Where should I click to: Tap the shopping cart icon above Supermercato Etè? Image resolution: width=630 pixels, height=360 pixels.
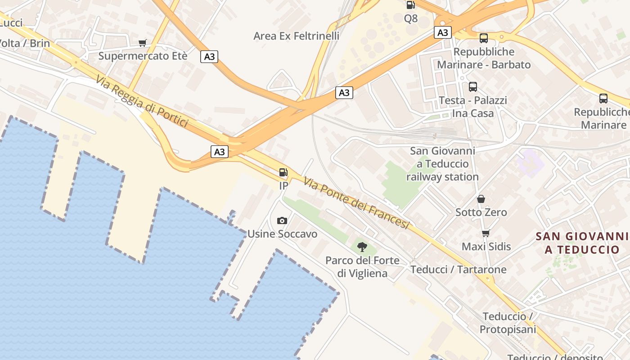(143, 43)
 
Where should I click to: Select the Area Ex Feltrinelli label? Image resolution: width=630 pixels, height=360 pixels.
(296, 36)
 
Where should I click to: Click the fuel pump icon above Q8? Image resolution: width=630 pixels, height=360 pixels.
(410, 5)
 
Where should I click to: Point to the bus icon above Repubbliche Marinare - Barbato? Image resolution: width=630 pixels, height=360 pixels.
(484, 38)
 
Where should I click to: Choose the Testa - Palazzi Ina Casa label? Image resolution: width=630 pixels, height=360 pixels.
(472, 107)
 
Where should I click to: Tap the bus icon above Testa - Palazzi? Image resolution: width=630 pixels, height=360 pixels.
(473, 87)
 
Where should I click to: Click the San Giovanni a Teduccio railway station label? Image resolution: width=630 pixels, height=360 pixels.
(442, 164)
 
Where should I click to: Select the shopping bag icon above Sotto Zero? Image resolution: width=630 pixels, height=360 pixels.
(481, 199)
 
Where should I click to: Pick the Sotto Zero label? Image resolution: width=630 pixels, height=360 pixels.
(481, 212)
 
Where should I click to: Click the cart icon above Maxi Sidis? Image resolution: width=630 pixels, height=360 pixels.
(486, 233)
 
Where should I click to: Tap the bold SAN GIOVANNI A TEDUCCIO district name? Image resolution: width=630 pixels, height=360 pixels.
(582, 243)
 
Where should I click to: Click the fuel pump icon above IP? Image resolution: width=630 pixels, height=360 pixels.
(283, 172)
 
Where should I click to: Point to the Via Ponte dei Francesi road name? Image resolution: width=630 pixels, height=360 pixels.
(356, 203)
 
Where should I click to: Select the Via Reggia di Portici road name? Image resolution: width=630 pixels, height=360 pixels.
(141, 101)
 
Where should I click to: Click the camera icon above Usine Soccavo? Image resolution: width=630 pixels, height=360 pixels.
(282, 220)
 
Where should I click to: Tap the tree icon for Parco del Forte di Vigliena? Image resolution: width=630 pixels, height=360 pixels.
(362, 247)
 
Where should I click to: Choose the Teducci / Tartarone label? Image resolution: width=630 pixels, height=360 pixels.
(458, 270)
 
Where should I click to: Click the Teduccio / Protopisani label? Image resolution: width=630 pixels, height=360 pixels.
(508, 323)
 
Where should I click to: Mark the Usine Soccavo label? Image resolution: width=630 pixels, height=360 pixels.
(282, 234)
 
